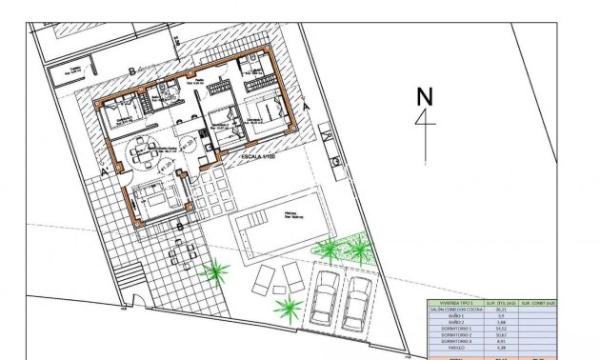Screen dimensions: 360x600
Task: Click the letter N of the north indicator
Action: tap(425, 95)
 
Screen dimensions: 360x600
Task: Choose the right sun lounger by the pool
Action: tap(293, 277)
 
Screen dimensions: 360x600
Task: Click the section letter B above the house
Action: tap(130, 70)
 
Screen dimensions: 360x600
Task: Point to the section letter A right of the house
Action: tap(306, 108)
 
